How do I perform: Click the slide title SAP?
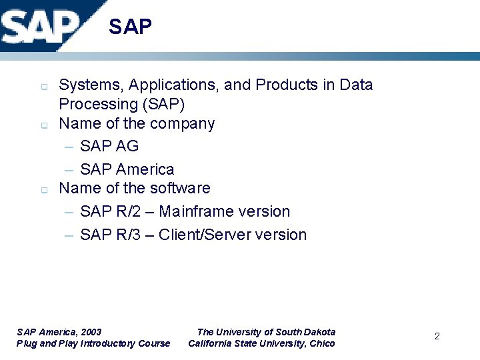pyautogui.click(x=130, y=27)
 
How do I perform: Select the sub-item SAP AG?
pyautogui.click(x=109, y=147)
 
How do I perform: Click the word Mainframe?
pyautogui.click(x=191, y=212)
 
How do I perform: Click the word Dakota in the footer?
pyautogui.click(x=320, y=332)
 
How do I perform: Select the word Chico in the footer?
pyautogui.click(x=322, y=344)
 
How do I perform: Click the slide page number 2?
pyautogui.click(x=437, y=337)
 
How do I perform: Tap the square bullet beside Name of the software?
pyautogui.click(x=44, y=190)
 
